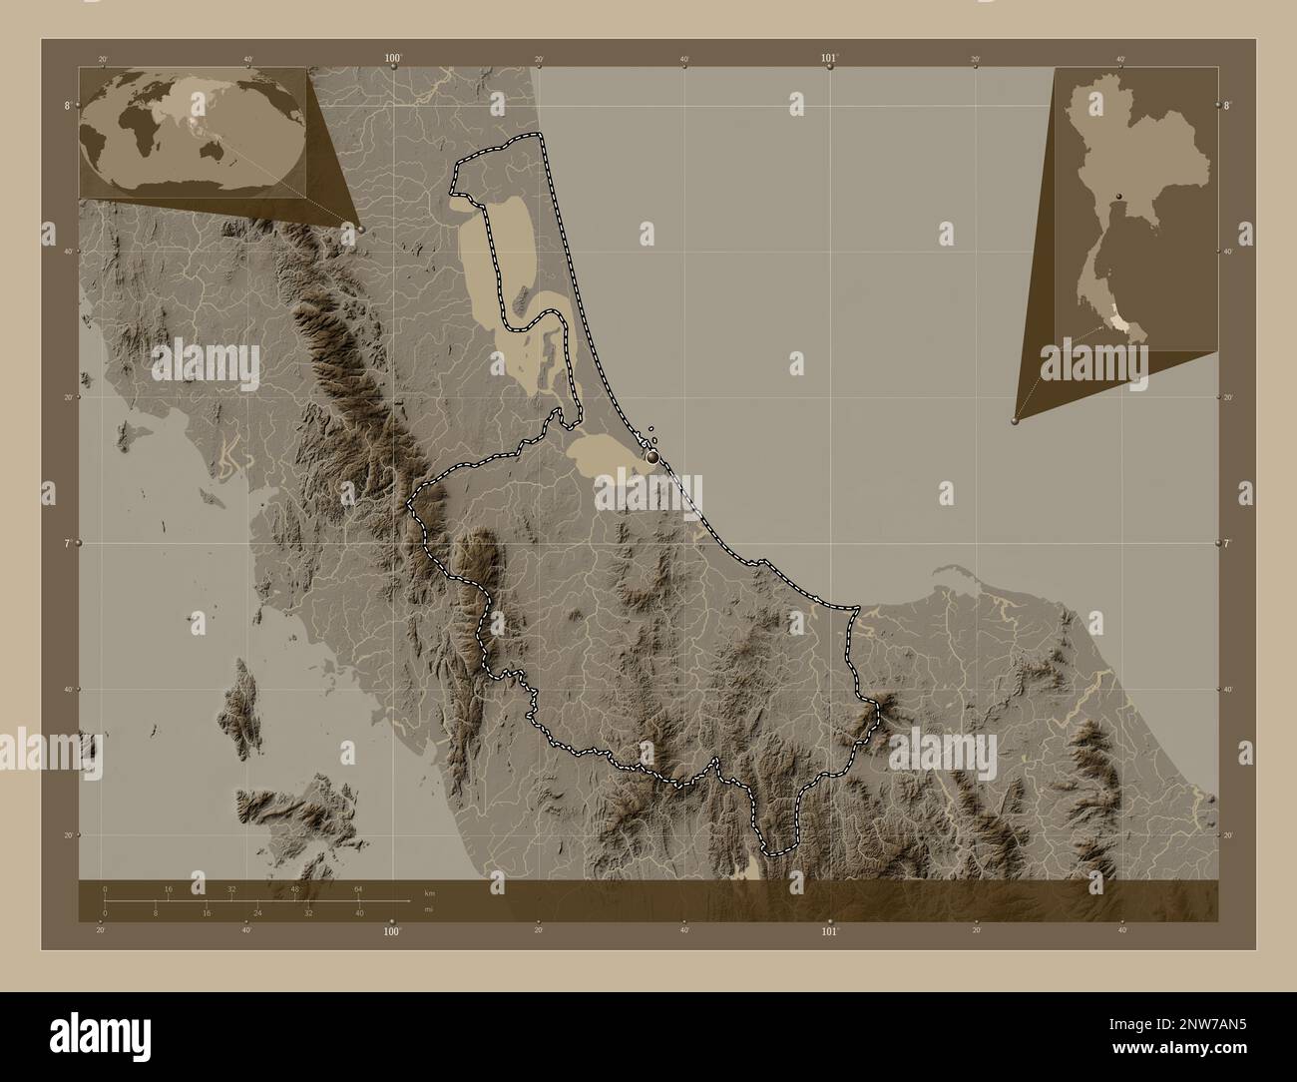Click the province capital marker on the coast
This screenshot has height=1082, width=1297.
tap(652, 456)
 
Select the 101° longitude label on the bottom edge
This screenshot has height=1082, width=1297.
tap(829, 931)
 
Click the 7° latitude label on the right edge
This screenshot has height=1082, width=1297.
tap(1226, 543)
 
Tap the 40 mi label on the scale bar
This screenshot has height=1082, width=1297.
tap(359, 913)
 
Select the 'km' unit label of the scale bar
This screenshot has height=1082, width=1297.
tap(430, 892)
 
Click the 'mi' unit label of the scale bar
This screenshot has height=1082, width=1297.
tap(429, 908)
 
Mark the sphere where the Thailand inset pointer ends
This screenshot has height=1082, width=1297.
tap(1015, 421)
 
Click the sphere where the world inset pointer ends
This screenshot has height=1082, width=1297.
tap(360, 229)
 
